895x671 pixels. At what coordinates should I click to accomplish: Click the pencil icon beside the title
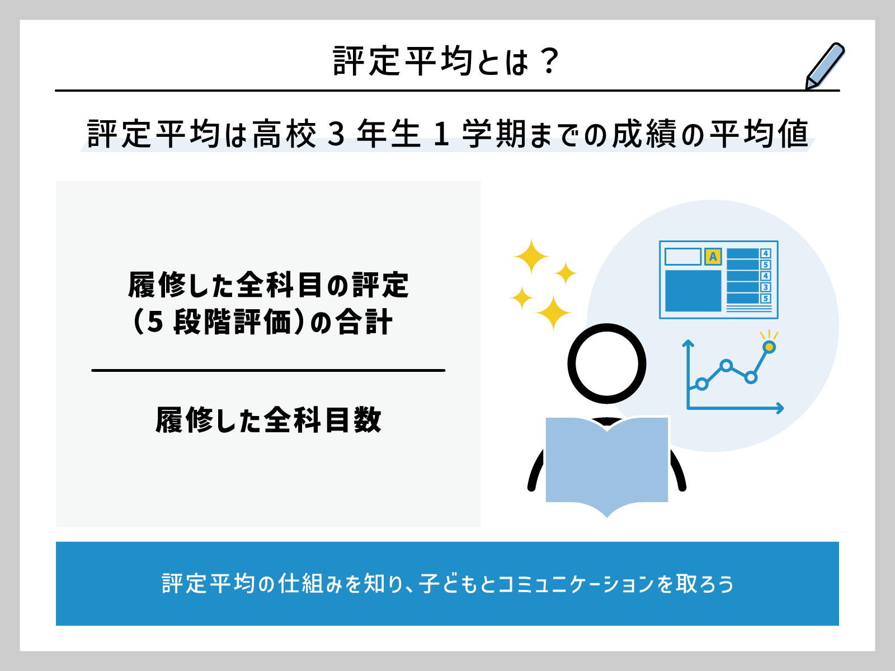pyautogui.click(x=825, y=66)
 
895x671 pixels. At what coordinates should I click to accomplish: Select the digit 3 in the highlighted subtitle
pyautogui.click(x=336, y=134)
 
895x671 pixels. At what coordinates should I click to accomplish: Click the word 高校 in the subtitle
pyautogui.click(x=285, y=134)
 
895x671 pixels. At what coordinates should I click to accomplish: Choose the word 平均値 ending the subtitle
pyautogui.click(x=759, y=134)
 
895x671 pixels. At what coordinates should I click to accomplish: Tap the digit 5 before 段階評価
pyautogui.click(x=156, y=322)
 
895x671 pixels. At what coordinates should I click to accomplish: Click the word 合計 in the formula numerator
pyautogui.click(x=364, y=322)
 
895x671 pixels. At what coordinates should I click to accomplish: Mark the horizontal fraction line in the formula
pyautogui.click(x=268, y=370)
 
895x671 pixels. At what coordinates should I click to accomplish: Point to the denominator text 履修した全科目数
pyautogui.click(x=268, y=419)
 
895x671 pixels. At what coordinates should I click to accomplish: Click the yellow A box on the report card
pyautogui.click(x=713, y=257)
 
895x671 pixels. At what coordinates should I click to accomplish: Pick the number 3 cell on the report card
pyautogui.click(x=765, y=287)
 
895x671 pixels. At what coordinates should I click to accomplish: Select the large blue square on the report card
pyautogui.click(x=693, y=291)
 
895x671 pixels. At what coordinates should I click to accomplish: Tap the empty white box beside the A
pyautogui.click(x=683, y=257)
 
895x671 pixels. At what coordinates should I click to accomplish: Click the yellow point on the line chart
pyautogui.click(x=769, y=347)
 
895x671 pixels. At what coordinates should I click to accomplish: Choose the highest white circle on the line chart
pyautogui.click(x=726, y=366)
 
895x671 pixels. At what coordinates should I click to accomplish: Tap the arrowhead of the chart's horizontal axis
pyautogui.click(x=780, y=408)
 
